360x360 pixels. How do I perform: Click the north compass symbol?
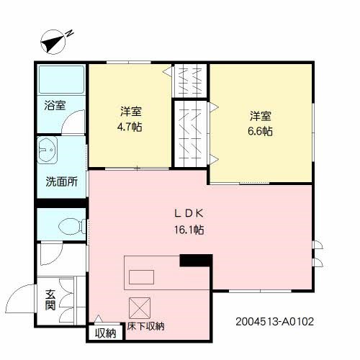click(53, 42)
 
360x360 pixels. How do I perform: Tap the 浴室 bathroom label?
click(55, 105)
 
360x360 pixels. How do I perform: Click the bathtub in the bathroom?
click(61, 79)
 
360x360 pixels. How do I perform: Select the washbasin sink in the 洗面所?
click(48, 150)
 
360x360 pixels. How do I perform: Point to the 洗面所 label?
click(61, 181)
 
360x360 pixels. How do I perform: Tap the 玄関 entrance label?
click(50, 300)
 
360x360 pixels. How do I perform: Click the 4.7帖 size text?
click(130, 127)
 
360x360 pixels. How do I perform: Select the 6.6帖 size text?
click(260, 131)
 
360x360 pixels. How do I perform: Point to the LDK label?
click(189, 213)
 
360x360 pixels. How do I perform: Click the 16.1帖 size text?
click(189, 230)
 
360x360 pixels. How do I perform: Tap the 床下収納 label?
click(145, 326)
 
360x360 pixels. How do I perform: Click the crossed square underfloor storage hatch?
click(140, 308)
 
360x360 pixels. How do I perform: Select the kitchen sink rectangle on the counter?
click(141, 277)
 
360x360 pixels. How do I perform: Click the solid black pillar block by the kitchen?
click(196, 261)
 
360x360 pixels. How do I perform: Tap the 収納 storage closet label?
click(106, 333)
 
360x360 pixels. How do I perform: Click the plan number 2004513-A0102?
click(274, 322)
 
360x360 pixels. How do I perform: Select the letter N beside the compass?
click(70, 33)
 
